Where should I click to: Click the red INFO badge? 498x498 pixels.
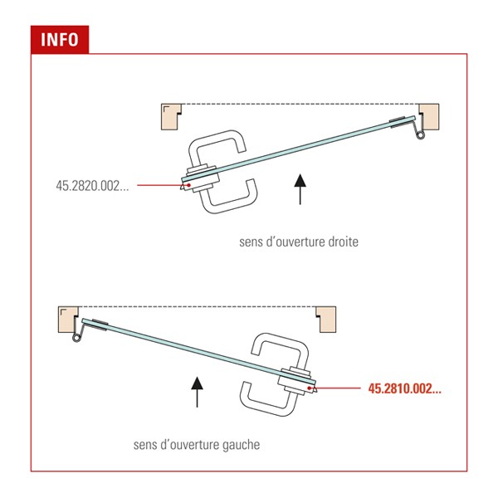pos(60,40)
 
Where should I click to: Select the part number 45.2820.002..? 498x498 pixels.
pos(92,186)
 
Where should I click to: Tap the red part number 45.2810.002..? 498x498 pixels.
pos(405,388)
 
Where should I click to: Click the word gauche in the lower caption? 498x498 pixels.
pos(241,445)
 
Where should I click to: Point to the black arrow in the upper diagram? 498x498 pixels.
pos(300,189)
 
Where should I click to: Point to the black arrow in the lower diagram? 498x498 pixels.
pos(198,392)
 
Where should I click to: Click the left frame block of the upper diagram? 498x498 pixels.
pos(171,116)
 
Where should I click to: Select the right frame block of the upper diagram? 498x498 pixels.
pos(429,116)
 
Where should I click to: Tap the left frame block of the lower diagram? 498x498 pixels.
pos(68,320)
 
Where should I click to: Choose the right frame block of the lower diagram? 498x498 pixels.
pos(326,320)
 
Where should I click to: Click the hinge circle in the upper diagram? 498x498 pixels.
pos(421,135)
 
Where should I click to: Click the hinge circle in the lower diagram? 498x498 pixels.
pos(76,338)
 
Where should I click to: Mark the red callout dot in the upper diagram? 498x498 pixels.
pos(189,185)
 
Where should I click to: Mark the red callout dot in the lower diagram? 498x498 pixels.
pos(309,388)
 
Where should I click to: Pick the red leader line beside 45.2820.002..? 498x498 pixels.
pos(163,185)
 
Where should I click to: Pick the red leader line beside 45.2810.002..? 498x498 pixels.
pos(334,388)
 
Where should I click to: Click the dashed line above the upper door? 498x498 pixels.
pos(300,104)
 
